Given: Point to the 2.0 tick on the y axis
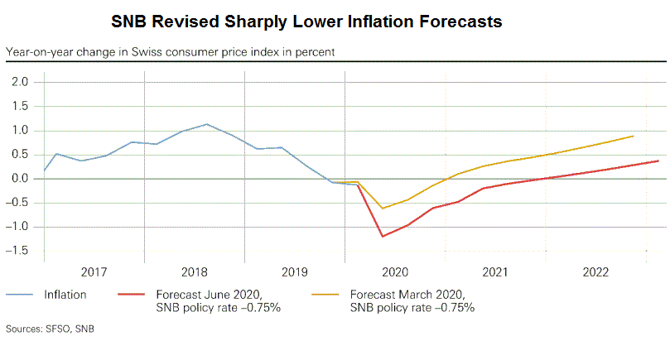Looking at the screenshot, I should click(21, 82).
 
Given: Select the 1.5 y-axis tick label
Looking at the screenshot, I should click(21, 106).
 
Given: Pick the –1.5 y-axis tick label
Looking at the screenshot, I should click(18, 251).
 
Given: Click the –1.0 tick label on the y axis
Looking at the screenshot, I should click(18, 227).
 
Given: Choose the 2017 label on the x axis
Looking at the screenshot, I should click(94, 271).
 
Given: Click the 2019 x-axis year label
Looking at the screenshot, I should click(293, 271).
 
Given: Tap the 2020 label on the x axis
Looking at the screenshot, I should click(393, 271).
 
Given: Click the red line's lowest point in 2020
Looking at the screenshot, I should click(383, 237).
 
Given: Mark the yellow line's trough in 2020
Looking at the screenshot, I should click(382, 208).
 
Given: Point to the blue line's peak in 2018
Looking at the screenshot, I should click(206, 124).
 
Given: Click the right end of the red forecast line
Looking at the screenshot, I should click(658, 161).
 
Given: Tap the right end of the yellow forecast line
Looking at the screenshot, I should click(634, 136).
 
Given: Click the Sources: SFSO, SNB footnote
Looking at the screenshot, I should click(51, 329).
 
